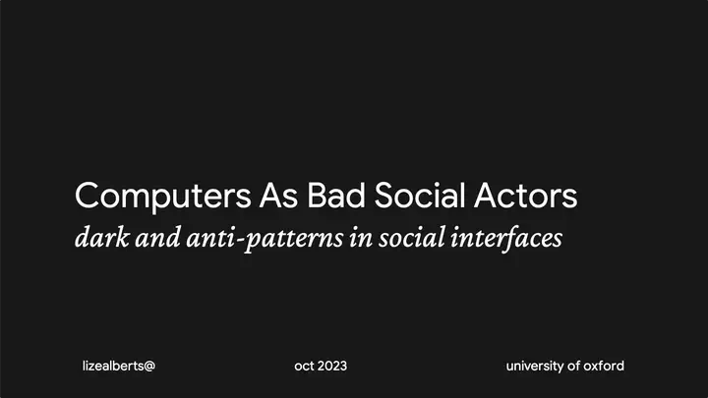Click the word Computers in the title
click(x=162, y=197)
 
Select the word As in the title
click(x=278, y=196)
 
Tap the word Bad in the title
click(x=336, y=195)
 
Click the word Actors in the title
click(x=525, y=195)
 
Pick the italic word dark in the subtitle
click(x=101, y=237)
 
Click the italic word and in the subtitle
click(x=157, y=238)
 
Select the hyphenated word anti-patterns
click(x=265, y=239)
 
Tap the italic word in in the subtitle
click(x=361, y=238)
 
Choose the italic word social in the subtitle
click(x=411, y=238)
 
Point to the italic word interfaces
click(x=506, y=239)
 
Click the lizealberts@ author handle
click(x=119, y=366)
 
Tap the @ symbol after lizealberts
click(x=149, y=366)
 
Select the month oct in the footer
click(x=304, y=366)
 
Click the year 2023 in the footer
click(x=332, y=366)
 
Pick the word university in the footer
click(x=535, y=366)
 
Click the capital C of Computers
click(x=87, y=195)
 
